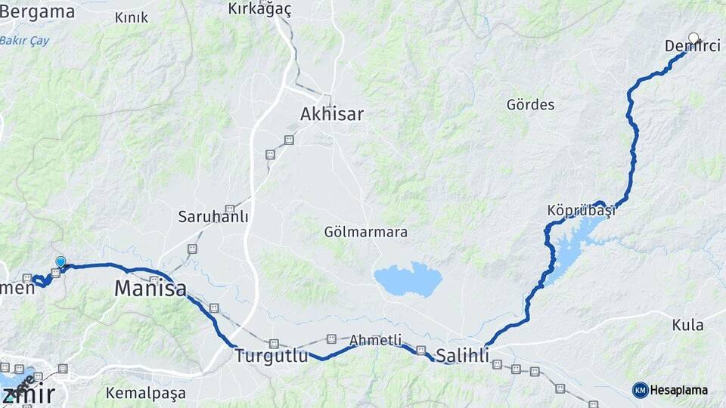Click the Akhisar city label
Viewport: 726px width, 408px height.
click(331, 115)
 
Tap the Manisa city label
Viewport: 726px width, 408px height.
click(150, 288)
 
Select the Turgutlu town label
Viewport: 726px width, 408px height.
click(271, 356)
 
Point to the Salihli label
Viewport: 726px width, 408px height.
click(463, 356)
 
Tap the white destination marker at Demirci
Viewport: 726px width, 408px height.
click(694, 37)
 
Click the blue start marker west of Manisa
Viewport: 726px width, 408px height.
click(60, 262)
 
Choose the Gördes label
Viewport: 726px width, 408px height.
click(530, 105)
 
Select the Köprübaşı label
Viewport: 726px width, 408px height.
click(581, 210)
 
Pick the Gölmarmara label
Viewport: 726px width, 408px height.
click(365, 232)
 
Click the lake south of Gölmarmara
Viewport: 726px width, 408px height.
click(408, 280)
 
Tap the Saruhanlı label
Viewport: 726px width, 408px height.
click(213, 217)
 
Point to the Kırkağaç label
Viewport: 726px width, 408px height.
click(259, 9)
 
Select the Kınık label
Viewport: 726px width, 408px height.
click(132, 17)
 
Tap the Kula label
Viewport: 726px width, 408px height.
click(687, 325)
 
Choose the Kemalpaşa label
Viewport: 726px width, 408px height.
click(145, 393)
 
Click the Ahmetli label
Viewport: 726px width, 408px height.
click(375, 341)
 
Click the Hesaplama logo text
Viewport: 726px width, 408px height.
click(678, 391)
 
